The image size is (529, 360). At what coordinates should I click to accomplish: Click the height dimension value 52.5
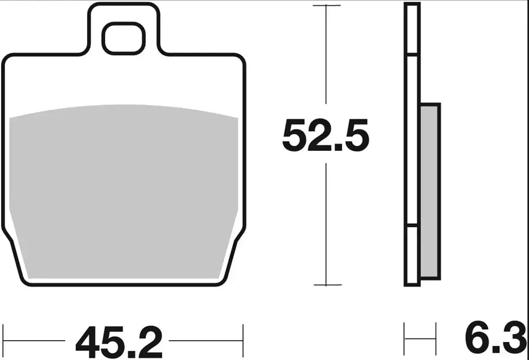326,136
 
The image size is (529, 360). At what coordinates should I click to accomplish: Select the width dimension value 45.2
119,341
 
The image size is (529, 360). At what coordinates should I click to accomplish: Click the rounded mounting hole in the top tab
123,38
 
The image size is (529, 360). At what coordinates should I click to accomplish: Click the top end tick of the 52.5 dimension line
326,6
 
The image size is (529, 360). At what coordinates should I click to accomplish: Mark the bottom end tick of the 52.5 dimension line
326,284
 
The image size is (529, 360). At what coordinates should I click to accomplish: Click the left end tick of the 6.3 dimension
405,339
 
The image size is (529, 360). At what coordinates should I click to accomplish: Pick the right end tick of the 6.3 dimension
436,339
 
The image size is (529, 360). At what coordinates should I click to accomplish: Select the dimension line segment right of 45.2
206,341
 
